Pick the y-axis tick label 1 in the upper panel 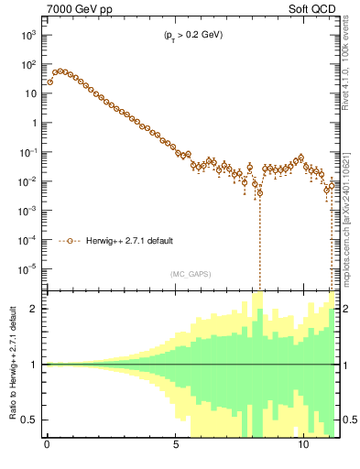point(34,123)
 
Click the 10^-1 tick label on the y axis point(27,152)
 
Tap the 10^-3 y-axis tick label point(27,211)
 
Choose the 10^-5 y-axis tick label point(27,269)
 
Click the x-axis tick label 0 point(47,450)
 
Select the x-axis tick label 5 point(175,450)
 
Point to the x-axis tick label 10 point(303,450)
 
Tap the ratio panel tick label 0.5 point(29,420)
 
